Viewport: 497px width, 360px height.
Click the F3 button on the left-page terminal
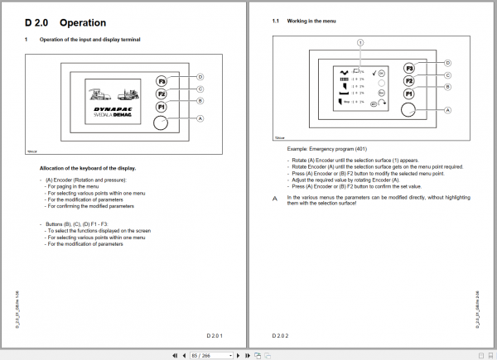pos(161,81)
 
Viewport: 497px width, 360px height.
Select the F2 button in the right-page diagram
pos(408,81)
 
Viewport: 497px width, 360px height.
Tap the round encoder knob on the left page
pos(161,122)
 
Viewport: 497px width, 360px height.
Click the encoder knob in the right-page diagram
pos(408,109)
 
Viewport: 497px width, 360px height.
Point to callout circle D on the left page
pos(200,76)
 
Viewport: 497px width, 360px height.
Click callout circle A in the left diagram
pos(200,118)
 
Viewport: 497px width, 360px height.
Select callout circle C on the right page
pos(447,74)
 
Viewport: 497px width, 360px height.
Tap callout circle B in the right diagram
pos(447,86)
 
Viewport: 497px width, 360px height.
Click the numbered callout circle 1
pos(359,41)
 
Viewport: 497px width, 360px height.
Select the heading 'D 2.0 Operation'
pos(65,23)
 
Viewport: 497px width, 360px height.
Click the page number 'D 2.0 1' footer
pos(215,335)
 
